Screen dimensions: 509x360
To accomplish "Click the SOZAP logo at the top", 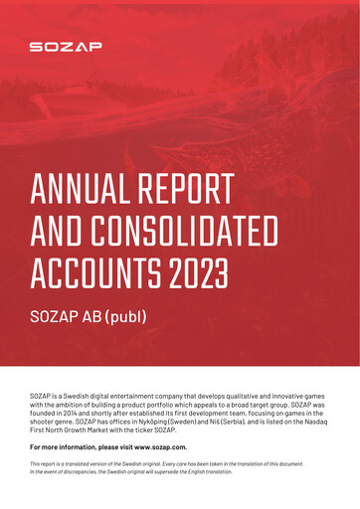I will pyautogui.click(x=65, y=46).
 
